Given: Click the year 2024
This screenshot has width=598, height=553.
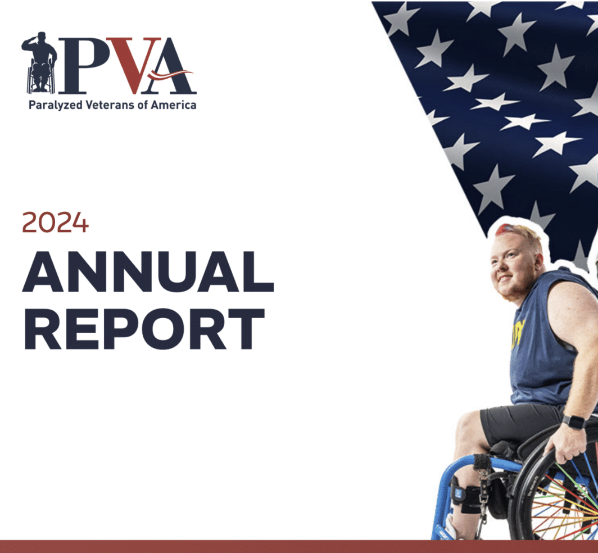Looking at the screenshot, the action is tap(55, 223).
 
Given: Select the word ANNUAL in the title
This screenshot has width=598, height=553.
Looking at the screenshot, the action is tap(148, 271).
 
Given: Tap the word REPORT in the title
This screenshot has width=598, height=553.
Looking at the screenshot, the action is tap(144, 329).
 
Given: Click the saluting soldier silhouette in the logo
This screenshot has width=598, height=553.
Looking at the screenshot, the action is tap(39, 62).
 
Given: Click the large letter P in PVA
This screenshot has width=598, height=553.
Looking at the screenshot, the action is tap(83, 65).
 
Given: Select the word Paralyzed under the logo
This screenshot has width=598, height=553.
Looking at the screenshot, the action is tap(55, 105).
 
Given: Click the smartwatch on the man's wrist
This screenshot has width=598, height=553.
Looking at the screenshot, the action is tap(574, 422).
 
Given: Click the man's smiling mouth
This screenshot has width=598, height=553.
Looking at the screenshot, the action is tap(505, 279).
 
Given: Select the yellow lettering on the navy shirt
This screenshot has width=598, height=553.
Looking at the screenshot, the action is tap(518, 334).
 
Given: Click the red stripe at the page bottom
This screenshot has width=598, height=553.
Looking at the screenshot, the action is tap(299, 546).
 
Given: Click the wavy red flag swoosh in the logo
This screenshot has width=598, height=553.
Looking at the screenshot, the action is tap(170, 74).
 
